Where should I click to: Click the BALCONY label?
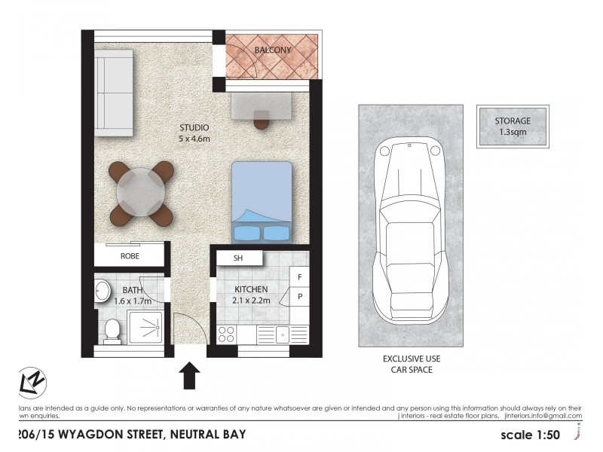pyautogui.click(x=273, y=50)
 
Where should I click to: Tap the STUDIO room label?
pyautogui.click(x=194, y=127)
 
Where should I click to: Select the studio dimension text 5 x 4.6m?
pyautogui.click(x=194, y=139)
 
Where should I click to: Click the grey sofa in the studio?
pyautogui.click(x=114, y=93)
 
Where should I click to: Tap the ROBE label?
pyautogui.click(x=130, y=256)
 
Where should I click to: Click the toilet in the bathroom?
pyautogui.click(x=112, y=329)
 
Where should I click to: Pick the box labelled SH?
pyautogui.click(x=238, y=258)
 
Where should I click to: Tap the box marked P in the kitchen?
pyautogui.click(x=300, y=297)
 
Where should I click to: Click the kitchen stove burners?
pyautogui.click(x=227, y=333)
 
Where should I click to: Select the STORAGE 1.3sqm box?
pyautogui.click(x=513, y=126)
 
